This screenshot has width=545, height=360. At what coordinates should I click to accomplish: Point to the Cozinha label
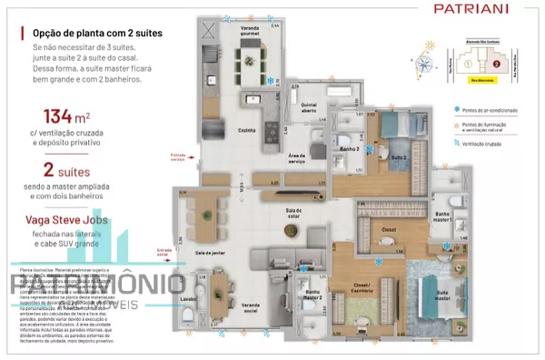point(245,130)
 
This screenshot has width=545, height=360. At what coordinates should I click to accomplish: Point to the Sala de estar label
point(292,212)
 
